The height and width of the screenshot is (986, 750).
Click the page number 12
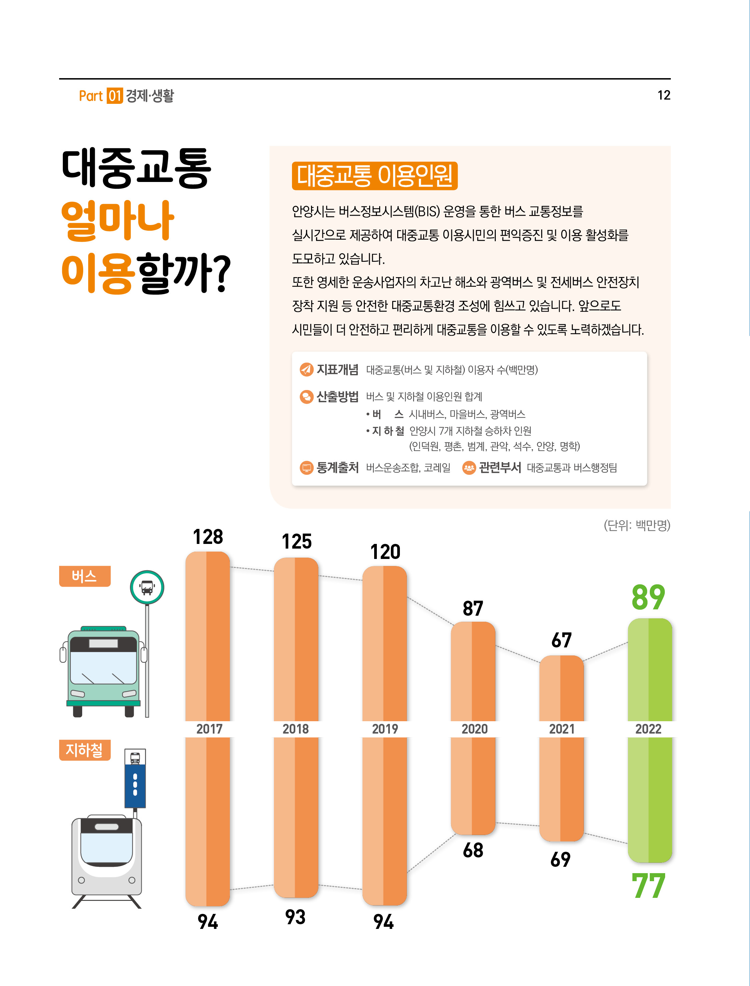pyautogui.click(x=663, y=95)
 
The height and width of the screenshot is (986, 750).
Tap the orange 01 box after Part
pyautogui.click(x=115, y=96)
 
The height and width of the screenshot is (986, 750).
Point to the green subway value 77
pyautogui.click(x=648, y=886)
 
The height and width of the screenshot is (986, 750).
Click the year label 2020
pyautogui.click(x=474, y=729)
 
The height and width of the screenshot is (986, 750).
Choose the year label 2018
pyautogui.click(x=296, y=729)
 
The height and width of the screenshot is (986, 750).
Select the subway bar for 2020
pyautogui.click(x=473, y=785)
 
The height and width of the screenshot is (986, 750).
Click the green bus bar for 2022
pyautogui.click(x=649, y=669)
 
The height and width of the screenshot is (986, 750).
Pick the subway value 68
pyautogui.click(x=473, y=850)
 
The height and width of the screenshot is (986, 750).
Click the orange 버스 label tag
pyautogui.click(x=85, y=576)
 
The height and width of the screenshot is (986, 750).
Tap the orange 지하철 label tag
pyautogui.click(x=85, y=750)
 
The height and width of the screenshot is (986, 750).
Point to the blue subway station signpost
pyautogui.click(x=135, y=785)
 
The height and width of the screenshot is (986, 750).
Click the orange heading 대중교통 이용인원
pyautogui.click(x=374, y=176)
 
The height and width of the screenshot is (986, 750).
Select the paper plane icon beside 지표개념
pyautogui.click(x=306, y=369)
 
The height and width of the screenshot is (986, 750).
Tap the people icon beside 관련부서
pyautogui.click(x=469, y=467)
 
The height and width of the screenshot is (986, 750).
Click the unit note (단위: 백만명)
pyautogui.click(x=637, y=525)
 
